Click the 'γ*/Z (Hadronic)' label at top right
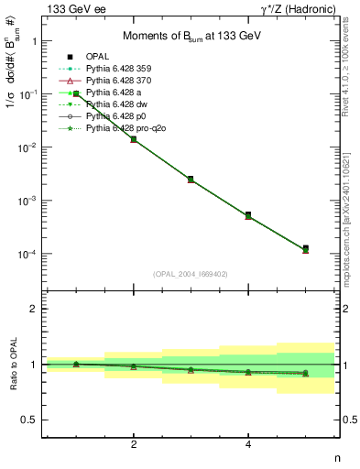(294, 8)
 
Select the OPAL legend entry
(100, 57)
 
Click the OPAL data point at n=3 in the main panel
(191, 179)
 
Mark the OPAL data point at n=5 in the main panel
(305, 248)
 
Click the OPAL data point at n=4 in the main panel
(248, 214)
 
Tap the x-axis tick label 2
(134, 444)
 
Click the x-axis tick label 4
(248, 444)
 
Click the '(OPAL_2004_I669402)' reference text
(191, 273)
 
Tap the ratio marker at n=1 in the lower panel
(76, 364)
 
